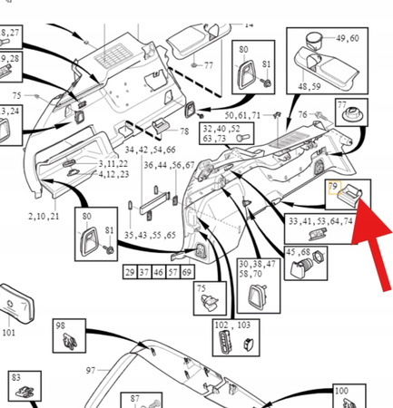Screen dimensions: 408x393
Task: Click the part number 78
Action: point(184,132)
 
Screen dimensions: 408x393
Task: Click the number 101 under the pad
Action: point(9,332)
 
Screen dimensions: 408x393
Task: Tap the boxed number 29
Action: point(130,272)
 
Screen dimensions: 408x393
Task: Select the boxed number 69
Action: point(187,272)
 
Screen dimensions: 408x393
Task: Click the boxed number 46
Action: point(159,272)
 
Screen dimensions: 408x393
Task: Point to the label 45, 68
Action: point(298,252)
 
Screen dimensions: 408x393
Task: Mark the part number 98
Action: point(61,325)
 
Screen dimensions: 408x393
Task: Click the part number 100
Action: point(341,391)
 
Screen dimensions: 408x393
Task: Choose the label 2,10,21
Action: point(44,218)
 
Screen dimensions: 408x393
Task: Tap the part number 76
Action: point(302,114)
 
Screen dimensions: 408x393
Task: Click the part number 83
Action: point(15,376)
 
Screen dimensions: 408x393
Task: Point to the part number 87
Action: point(134,398)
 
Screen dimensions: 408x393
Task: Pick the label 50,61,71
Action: point(242,117)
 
